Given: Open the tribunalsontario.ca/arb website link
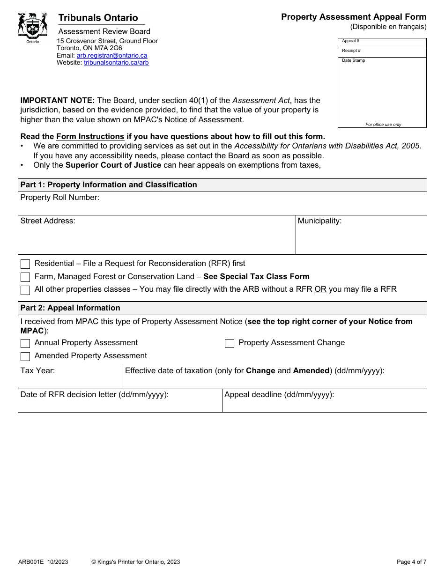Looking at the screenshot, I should point(116,62).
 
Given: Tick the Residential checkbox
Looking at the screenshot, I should point(25,264).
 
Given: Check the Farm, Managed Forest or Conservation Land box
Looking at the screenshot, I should point(25,277).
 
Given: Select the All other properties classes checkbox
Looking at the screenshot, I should point(25,290).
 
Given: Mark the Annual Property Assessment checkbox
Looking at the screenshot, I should point(25,343).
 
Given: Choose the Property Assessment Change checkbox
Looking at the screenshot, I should point(230,343).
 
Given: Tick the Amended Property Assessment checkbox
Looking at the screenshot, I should point(25,356).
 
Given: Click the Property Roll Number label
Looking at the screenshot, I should point(59,198).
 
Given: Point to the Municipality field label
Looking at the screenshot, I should point(319,221).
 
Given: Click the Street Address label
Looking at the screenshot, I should point(47,221).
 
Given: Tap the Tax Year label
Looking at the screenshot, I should point(37,371).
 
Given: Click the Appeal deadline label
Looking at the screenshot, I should point(279,395).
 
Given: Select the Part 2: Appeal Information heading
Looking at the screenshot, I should point(70,308).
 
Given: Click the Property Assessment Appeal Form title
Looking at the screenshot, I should point(354,17).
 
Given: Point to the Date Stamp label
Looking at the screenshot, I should point(353,60).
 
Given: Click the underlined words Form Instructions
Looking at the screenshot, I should point(90,137).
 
